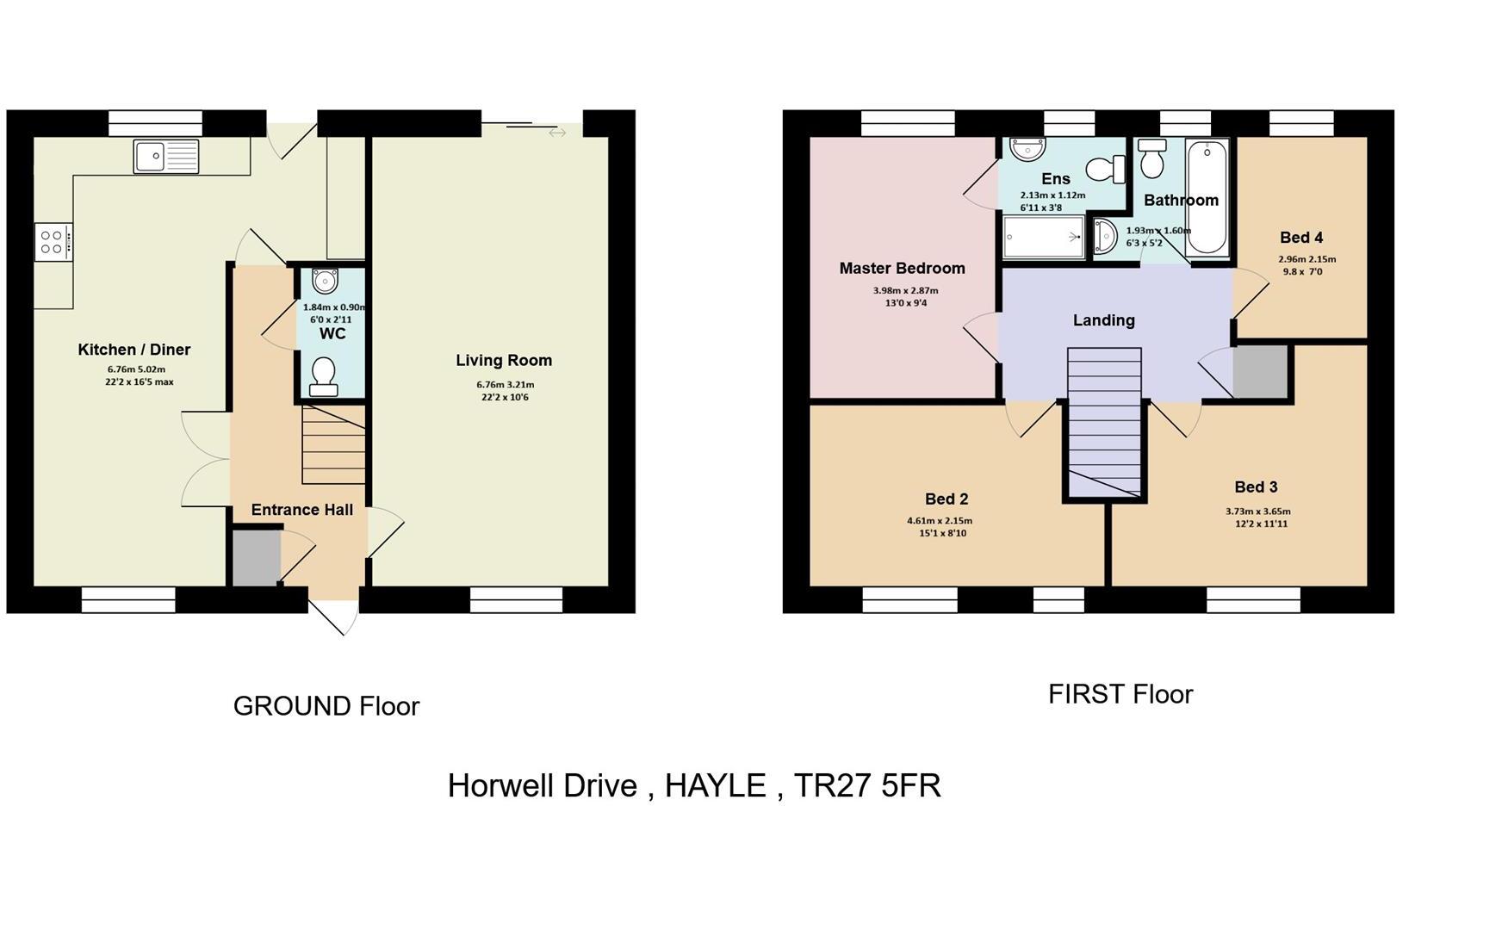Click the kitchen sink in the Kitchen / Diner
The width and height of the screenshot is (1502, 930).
tap(166, 157)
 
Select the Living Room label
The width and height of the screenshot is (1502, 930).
tap(504, 361)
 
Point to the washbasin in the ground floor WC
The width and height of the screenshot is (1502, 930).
tap(325, 281)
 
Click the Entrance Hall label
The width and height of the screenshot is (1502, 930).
tap(301, 510)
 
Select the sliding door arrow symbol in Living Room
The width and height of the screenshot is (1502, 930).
tap(557, 133)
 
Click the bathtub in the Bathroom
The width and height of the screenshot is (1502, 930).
tap(1207, 197)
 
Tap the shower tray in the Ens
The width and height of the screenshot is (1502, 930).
tap(1043, 237)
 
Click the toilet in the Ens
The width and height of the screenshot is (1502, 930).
tap(1107, 168)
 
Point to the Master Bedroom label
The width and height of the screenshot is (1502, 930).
tap(902, 269)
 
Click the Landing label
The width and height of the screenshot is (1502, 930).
tap(1103, 320)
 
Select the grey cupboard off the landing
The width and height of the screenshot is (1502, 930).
tap(1260, 371)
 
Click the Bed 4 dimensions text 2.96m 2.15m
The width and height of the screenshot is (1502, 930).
tap(1306, 259)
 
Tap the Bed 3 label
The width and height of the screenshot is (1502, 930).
tap(1255, 487)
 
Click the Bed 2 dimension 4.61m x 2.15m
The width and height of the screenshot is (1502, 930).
tap(939, 521)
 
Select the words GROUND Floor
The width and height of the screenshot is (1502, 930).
tap(326, 706)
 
